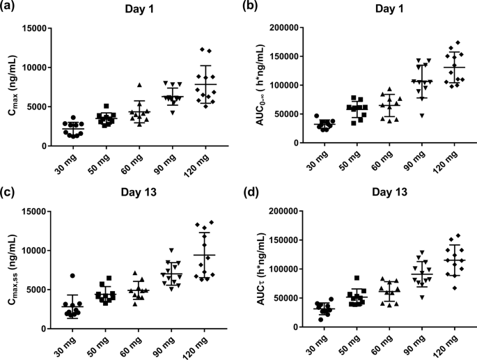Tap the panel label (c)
click(x=10, y=191)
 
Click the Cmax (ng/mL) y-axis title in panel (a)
click(x=13, y=87)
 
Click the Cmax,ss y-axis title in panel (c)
click(x=13, y=270)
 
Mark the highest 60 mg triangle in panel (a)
click(x=139, y=84)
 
